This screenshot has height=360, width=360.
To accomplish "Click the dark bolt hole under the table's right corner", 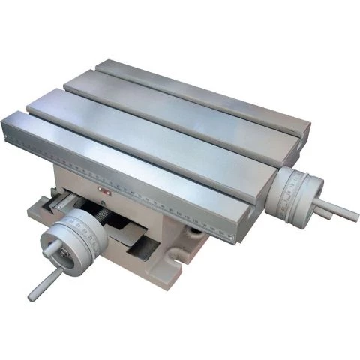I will [x=196, y=235].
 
